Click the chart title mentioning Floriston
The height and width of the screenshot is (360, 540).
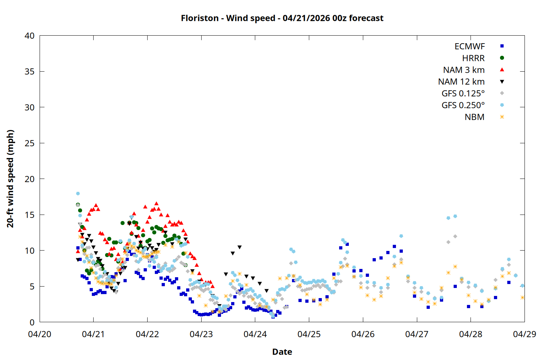click(282, 18)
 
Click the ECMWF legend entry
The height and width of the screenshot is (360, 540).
click(469, 46)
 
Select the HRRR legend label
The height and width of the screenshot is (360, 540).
click(473, 58)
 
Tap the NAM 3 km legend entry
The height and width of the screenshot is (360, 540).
click(464, 70)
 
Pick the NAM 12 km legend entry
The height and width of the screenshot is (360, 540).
click(461, 82)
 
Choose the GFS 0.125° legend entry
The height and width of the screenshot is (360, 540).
click(463, 94)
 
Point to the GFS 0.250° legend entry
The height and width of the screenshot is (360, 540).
click(463, 105)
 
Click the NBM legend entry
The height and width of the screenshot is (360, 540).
click(474, 117)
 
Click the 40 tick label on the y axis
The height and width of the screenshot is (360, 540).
click(30, 36)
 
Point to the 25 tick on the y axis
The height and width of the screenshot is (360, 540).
click(30, 143)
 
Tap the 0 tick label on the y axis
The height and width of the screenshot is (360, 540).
click(32, 322)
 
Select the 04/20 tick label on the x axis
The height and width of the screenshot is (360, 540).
click(40, 334)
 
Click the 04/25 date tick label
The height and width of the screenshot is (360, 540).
click(309, 334)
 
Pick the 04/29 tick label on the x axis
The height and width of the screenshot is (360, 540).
click(524, 334)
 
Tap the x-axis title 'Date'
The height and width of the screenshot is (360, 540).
click(282, 352)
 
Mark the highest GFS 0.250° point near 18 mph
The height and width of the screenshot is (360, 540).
click(78, 194)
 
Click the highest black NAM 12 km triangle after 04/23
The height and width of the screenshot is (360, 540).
click(239, 247)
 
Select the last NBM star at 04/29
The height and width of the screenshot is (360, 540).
click(522, 297)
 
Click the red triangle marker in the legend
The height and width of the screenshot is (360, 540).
click(502, 70)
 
